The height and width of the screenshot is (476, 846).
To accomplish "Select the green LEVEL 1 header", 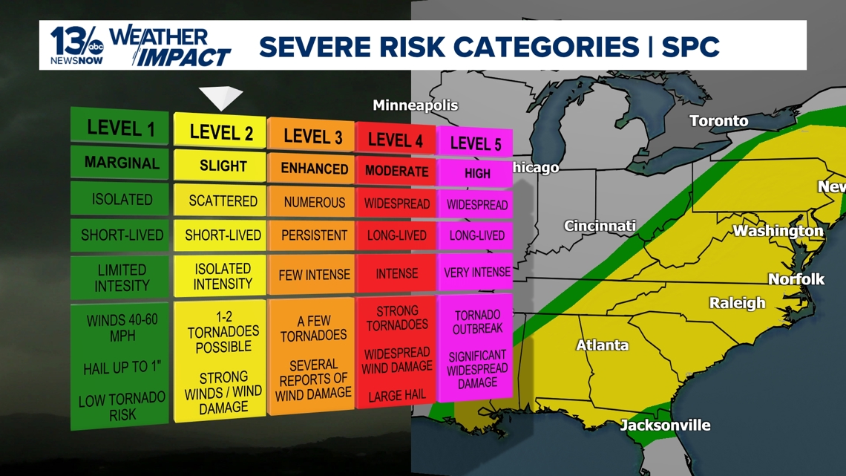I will pyautogui.click(x=121, y=127).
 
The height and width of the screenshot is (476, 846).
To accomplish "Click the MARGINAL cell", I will pyautogui.click(x=121, y=163).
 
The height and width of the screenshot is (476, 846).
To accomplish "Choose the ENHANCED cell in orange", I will pyautogui.click(x=314, y=169).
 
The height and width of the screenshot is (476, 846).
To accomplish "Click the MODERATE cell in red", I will pyautogui.click(x=396, y=172).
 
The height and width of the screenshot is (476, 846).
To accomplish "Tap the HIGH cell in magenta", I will pyautogui.click(x=476, y=173).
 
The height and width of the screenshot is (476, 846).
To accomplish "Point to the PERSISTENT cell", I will pyautogui.click(x=314, y=235).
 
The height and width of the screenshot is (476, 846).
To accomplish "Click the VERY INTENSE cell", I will pyautogui.click(x=476, y=273).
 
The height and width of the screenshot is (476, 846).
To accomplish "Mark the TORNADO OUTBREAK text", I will pyautogui.click(x=476, y=322).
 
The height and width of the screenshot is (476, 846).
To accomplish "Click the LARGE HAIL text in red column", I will pyautogui.click(x=396, y=396).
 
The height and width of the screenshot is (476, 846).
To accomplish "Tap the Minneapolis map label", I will pyautogui.click(x=415, y=105).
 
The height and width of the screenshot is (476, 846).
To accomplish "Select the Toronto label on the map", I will pyautogui.click(x=718, y=120).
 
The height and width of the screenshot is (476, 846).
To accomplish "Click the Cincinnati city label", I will pyautogui.click(x=600, y=226).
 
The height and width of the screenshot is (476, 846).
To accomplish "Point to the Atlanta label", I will pyautogui.click(x=602, y=345).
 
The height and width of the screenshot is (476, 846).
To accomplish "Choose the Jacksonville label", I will pyautogui.click(x=665, y=426).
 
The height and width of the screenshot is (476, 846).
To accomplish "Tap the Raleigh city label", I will pyautogui.click(x=736, y=303).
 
